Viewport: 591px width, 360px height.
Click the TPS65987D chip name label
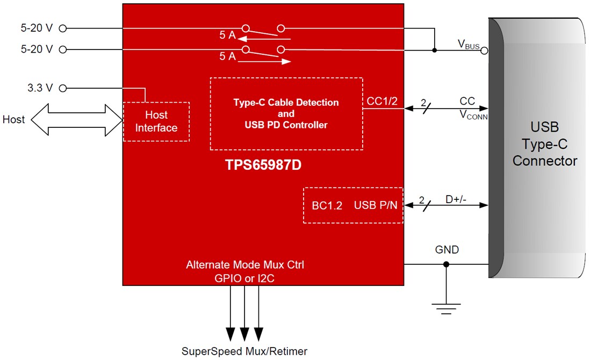point(263,165)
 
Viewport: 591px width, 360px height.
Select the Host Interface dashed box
point(156,121)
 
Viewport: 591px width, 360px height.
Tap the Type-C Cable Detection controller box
point(286,114)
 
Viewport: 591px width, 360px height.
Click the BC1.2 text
point(327,205)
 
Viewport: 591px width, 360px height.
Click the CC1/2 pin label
point(382,100)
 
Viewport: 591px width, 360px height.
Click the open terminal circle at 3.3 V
point(62,88)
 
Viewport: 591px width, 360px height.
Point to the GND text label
point(447,250)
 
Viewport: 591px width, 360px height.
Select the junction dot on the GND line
point(446,264)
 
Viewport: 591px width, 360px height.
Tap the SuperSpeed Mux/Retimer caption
point(244,351)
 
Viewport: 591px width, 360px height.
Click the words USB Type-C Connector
point(545,144)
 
